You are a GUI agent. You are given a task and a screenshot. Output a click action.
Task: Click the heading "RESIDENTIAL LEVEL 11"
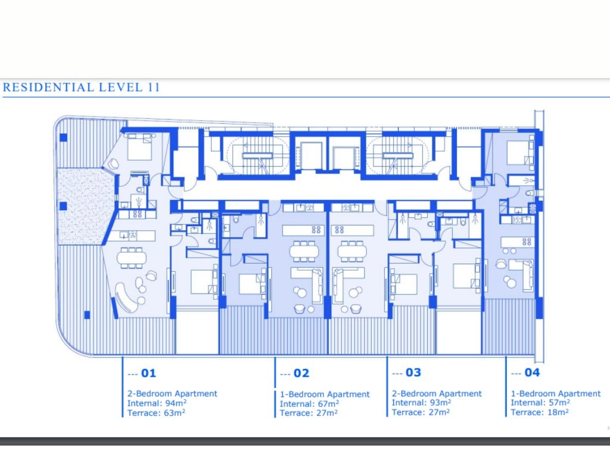coord(81,87)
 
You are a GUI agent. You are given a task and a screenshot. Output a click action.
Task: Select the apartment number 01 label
coord(148,374)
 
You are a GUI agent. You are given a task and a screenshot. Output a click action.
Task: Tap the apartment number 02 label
coord(301,374)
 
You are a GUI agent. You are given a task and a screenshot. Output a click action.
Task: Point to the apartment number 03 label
coord(413,373)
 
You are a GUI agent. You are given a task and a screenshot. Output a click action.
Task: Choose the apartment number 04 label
coord(532,373)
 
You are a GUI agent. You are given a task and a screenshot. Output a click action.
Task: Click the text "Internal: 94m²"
coord(157,403)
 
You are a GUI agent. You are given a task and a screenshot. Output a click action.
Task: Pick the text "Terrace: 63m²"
coord(156,413)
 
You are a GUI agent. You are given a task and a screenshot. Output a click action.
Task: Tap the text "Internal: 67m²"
coord(309,404)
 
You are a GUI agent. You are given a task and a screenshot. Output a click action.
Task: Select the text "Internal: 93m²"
coord(421,403)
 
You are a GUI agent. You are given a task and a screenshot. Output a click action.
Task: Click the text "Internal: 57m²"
coord(540,403)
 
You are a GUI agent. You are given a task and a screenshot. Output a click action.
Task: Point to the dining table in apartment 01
coord(132,258)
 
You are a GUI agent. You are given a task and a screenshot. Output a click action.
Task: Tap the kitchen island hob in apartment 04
coord(527,242)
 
